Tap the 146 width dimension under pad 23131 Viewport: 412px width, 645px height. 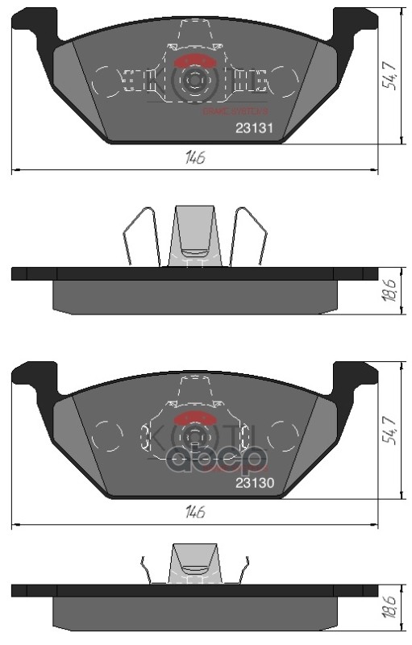coord(194,158)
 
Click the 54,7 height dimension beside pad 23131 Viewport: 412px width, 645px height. coord(390,74)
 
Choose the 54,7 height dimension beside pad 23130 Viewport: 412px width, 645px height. coord(390,430)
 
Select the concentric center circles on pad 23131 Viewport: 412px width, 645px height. coord(194,80)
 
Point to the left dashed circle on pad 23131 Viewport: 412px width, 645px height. coord(106,80)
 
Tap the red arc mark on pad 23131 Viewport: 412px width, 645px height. coord(194,61)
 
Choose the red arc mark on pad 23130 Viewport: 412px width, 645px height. coord(194,418)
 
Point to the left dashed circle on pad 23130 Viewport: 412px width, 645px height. coord(106,436)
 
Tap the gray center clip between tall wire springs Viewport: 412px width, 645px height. coord(194,234)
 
